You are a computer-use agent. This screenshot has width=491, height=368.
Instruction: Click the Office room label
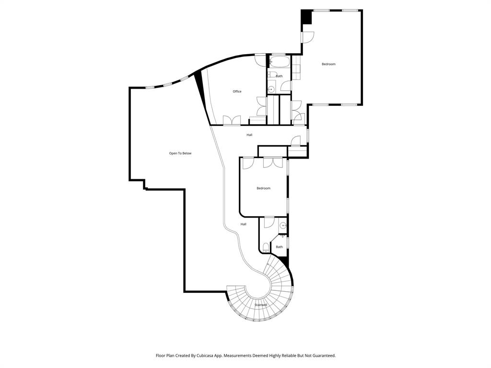click(237, 92)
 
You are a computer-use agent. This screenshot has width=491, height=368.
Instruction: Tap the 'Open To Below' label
click(180, 153)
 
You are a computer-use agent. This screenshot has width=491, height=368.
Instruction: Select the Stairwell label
click(261, 305)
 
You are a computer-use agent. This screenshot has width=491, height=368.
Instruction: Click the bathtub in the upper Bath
click(279, 62)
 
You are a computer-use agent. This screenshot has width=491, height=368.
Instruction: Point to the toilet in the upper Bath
click(271, 74)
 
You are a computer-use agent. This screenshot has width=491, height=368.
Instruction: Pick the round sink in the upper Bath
click(270, 89)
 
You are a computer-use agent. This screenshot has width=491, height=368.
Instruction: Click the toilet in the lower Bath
click(266, 247)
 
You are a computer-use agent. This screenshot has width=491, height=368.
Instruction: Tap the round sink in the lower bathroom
click(283, 225)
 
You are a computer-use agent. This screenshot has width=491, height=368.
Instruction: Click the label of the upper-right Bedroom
click(328, 64)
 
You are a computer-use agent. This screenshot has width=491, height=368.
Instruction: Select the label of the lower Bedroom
click(263, 188)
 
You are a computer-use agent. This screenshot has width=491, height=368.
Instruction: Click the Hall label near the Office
click(249, 135)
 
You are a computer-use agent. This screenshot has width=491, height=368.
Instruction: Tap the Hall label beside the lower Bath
click(244, 224)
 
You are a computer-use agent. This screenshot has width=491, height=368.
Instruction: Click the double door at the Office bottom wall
click(232, 120)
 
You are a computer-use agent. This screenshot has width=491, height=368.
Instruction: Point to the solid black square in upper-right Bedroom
click(306, 17)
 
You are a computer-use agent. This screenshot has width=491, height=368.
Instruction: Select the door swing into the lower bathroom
click(269, 222)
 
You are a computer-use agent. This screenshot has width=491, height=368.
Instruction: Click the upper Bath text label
click(279, 76)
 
